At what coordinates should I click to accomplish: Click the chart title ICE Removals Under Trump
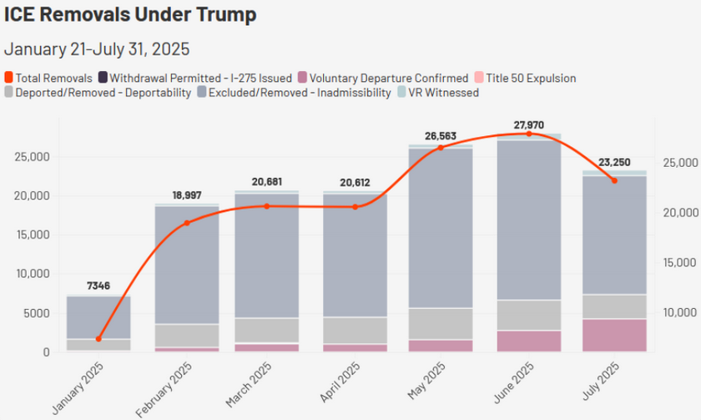129,15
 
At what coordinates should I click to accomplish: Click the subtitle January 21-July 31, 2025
96,48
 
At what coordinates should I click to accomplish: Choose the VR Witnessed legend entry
444,93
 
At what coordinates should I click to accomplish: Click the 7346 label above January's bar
98,286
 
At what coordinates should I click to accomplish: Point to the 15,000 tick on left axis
34,235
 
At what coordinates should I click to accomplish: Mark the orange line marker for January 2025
98,339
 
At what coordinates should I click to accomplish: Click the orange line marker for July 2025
614,180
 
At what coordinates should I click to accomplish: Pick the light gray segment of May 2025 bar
440,324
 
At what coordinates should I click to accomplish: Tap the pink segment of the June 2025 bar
528,341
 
